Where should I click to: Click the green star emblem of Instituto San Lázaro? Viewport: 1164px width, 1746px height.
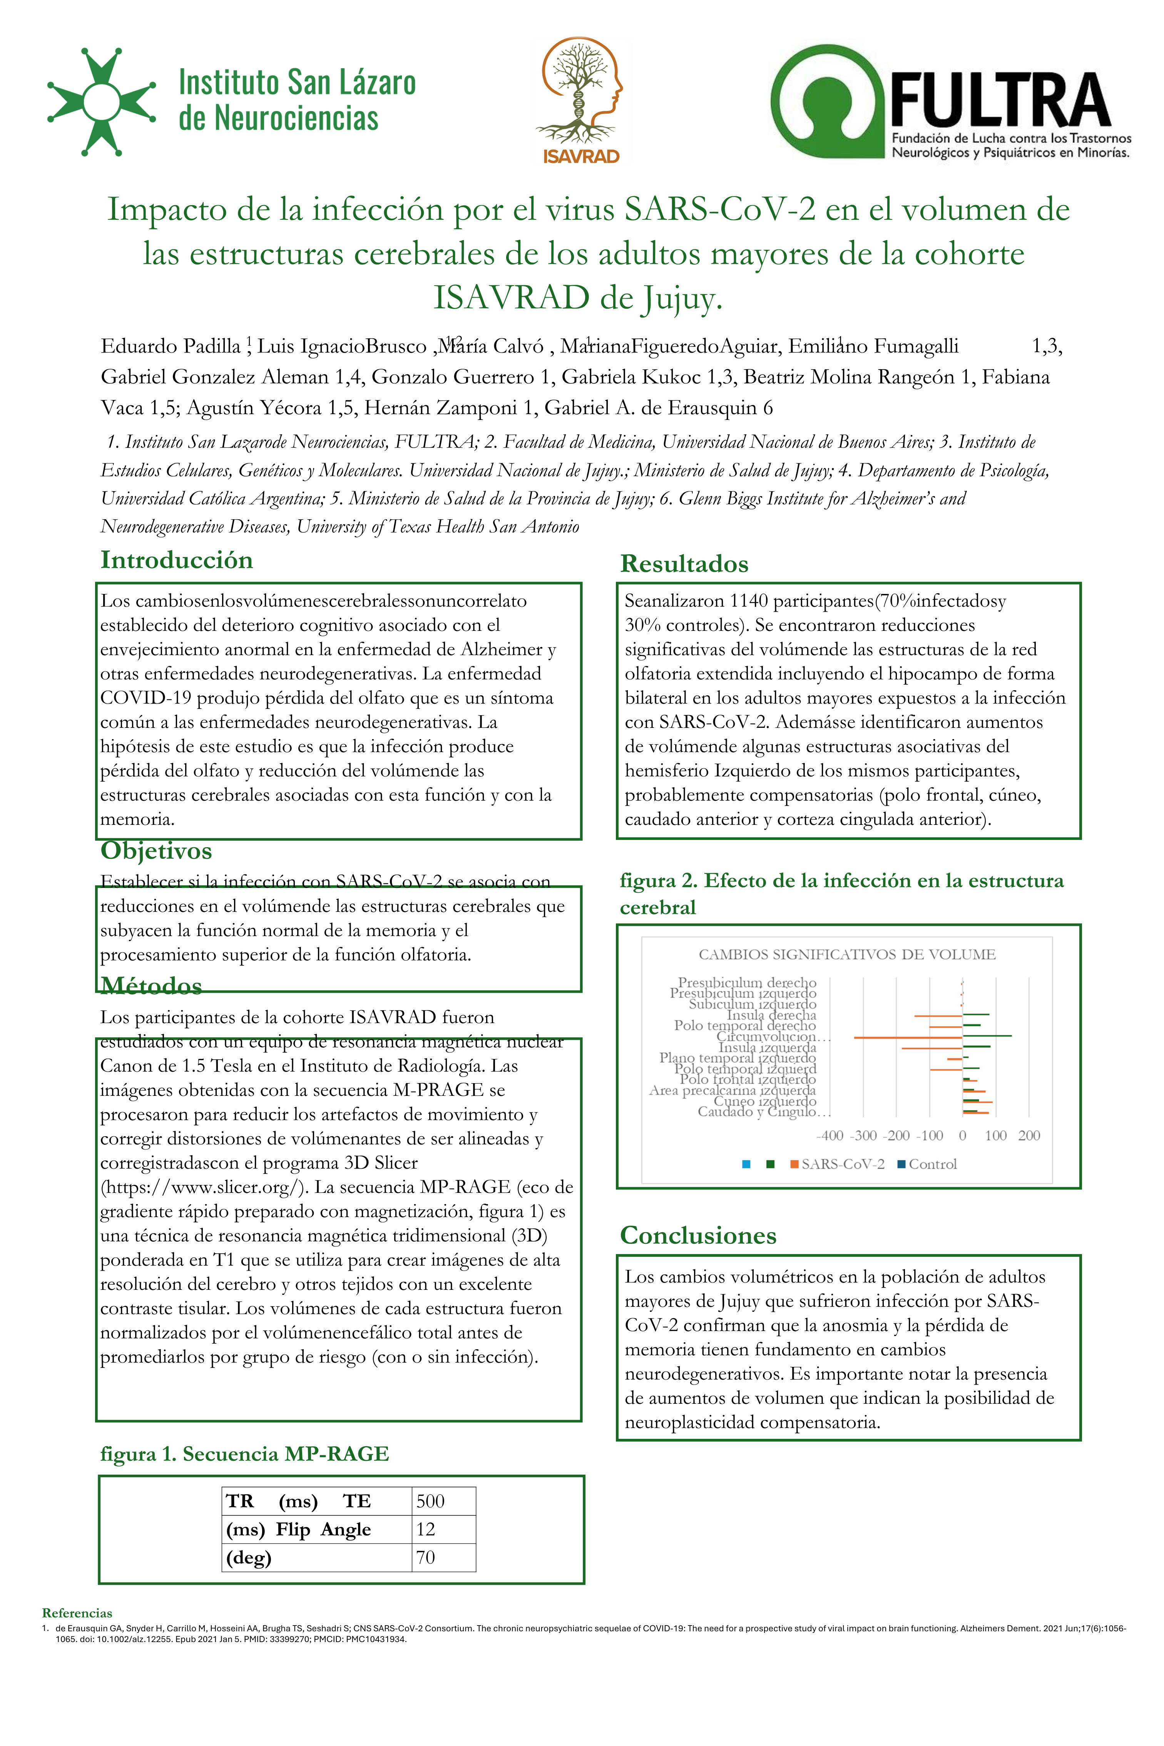(x=101, y=102)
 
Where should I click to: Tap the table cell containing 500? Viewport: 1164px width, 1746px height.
(x=431, y=1501)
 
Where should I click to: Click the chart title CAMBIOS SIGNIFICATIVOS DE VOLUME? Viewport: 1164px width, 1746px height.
(x=847, y=955)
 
